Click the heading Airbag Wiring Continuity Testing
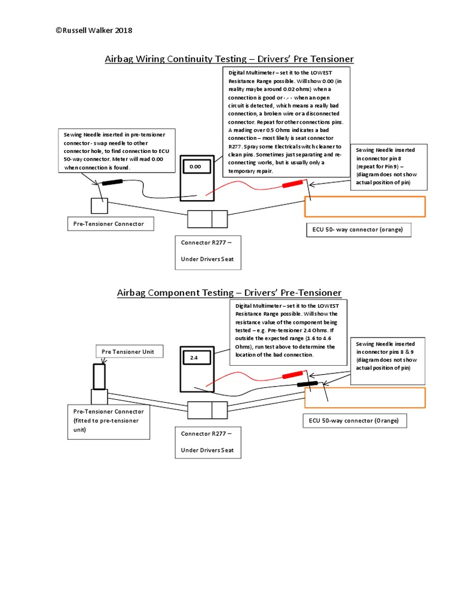coord(229,59)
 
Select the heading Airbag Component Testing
coord(229,292)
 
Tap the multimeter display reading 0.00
coord(195,167)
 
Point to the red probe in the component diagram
coord(292,375)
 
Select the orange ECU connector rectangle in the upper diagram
coord(365,206)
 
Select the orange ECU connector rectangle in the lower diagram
coord(365,397)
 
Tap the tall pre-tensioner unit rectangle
coord(99,377)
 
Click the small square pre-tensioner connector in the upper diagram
coord(99,206)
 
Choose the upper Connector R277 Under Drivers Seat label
coord(208,251)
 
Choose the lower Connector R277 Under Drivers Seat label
coord(208,442)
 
